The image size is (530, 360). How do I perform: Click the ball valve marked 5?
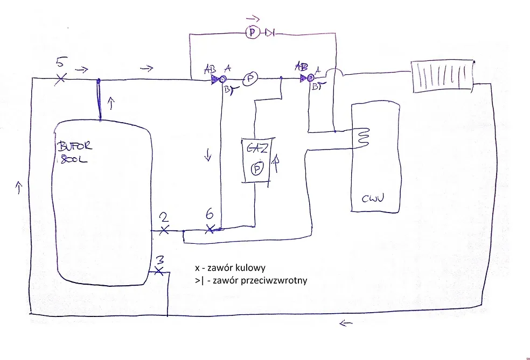click(61, 79)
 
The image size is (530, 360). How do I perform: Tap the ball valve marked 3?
click(158, 271)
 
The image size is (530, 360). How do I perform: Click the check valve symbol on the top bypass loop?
click(270, 33)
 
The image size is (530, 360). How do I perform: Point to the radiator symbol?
click(441, 75)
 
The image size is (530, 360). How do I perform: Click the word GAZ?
click(257, 149)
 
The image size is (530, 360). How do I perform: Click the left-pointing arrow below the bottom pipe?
click(346, 323)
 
